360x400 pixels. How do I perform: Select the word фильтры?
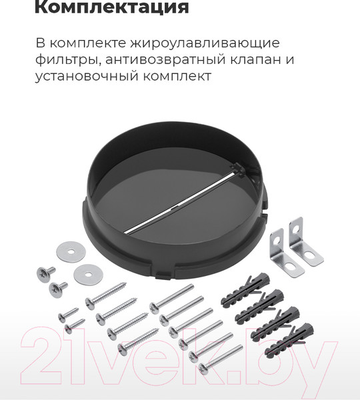click(x=67, y=60)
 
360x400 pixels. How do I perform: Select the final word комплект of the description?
click(x=181, y=77)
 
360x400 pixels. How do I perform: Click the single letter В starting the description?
click(x=41, y=43)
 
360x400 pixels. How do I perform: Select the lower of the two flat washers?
click(x=85, y=272)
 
